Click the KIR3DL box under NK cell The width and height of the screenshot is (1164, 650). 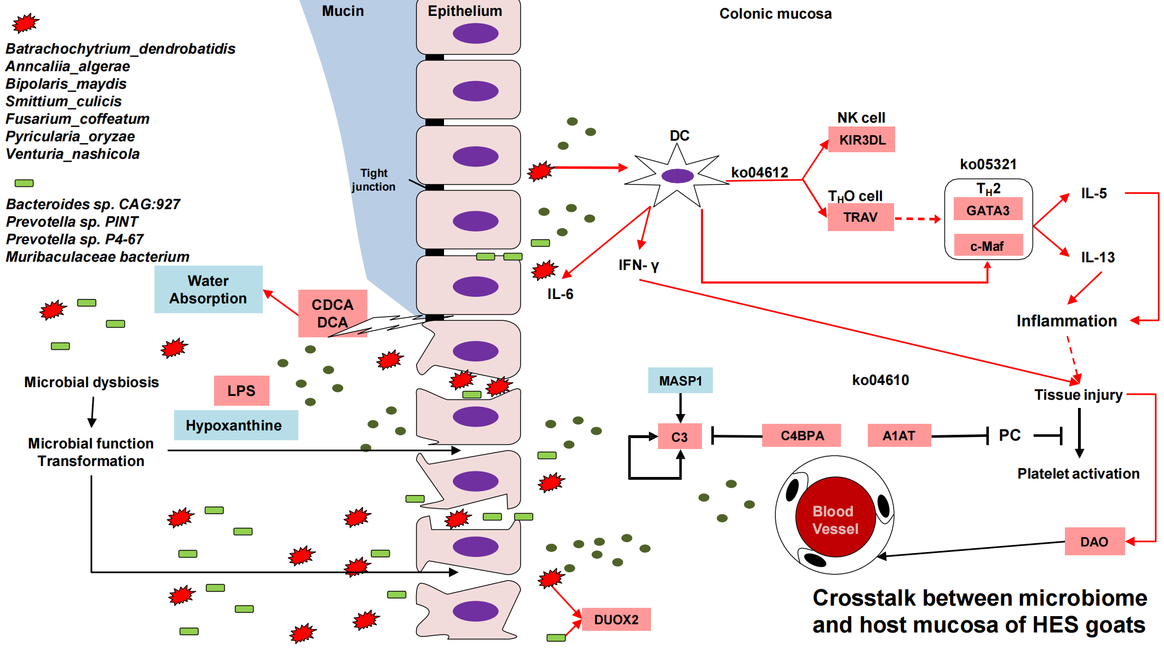[861, 140]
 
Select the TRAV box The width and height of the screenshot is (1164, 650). [860, 217]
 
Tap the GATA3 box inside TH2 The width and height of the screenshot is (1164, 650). [988, 210]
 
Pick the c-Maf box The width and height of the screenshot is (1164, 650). [988, 246]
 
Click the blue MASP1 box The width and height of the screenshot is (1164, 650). [680, 381]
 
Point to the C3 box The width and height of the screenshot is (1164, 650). [679, 436]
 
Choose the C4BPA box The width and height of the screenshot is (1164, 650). [802, 436]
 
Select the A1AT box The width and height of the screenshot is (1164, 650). [898, 436]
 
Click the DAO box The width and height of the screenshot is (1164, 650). [1094, 542]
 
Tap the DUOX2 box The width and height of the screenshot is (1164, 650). [616, 619]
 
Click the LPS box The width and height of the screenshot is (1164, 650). [241, 390]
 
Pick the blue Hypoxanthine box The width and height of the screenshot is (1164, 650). [235, 425]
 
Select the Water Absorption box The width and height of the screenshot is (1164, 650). [208, 290]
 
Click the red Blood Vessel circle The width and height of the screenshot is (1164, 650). [835, 517]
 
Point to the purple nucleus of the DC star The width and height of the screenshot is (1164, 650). [677, 176]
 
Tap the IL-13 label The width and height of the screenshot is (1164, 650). [1097, 257]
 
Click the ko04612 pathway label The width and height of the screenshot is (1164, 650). [759, 172]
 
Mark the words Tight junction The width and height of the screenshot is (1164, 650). [373, 180]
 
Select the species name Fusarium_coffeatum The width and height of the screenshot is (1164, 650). [78, 119]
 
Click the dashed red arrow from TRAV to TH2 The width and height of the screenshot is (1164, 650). [918, 219]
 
